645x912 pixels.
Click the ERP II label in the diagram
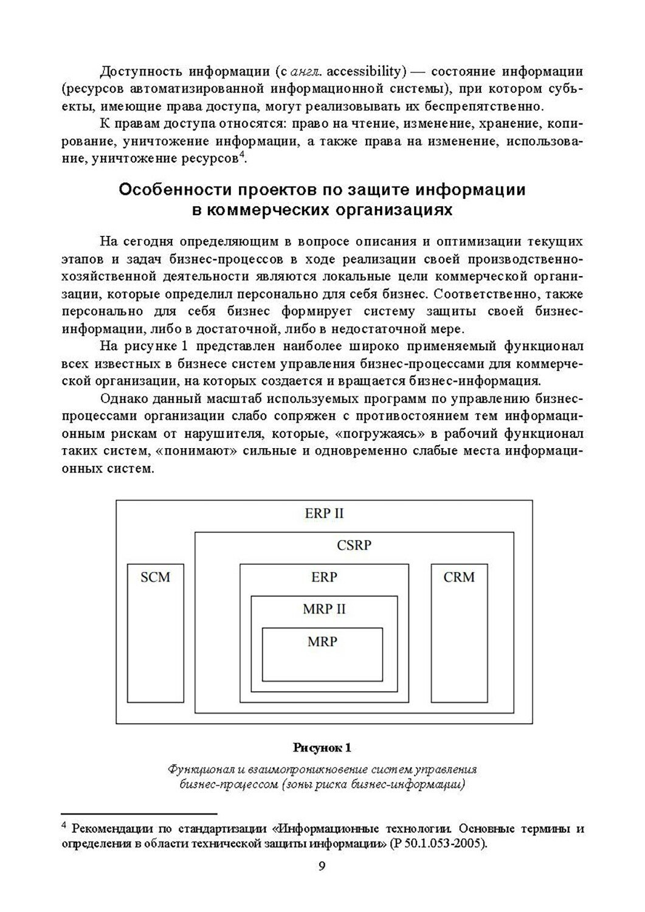[x=324, y=513]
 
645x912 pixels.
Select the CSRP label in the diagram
[x=354, y=545]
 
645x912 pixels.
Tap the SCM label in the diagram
[x=155, y=577]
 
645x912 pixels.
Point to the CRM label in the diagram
[x=459, y=577]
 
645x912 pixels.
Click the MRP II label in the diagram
[x=324, y=609]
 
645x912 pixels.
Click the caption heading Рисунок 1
[x=322, y=747]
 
